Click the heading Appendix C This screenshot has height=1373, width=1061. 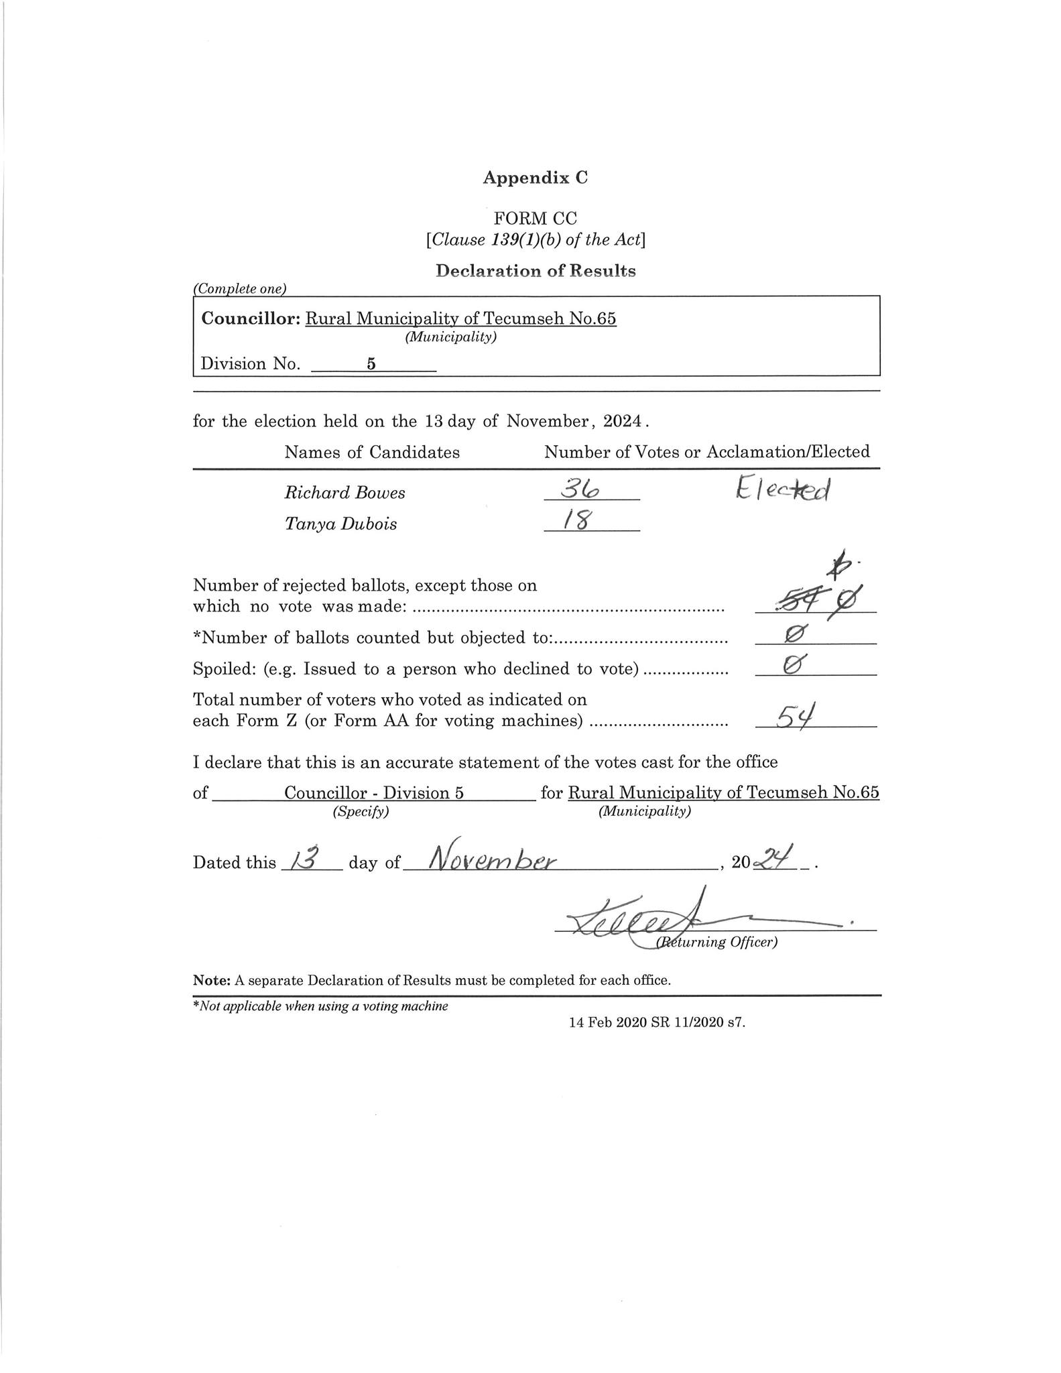pos(535,178)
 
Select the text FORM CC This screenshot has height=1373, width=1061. pos(535,218)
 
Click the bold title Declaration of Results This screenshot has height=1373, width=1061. pos(535,271)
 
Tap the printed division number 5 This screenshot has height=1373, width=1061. pos(371,364)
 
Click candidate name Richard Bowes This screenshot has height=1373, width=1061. pos(345,493)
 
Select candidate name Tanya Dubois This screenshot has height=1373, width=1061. pos(340,524)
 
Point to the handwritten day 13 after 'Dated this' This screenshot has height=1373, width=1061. pos(304,858)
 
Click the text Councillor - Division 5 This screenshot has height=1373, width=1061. pos(373,793)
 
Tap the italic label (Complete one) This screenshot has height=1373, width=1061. pos(240,289)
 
